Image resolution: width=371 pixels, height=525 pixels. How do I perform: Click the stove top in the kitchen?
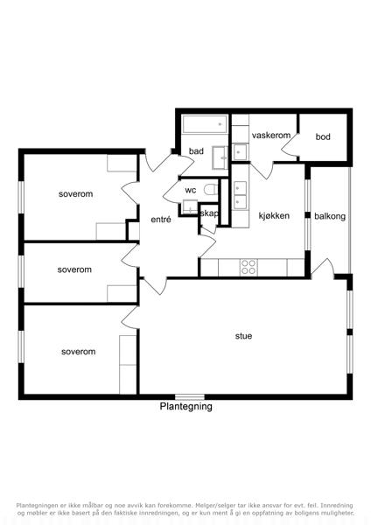tap(248, 267)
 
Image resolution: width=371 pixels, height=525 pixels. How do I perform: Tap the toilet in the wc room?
tap(211, 190)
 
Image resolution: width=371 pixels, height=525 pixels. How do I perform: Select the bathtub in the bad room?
tap(205, 124)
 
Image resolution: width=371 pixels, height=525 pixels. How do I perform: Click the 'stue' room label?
tap(243, 336)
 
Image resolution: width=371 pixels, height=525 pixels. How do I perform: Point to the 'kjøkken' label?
tap(274, 215)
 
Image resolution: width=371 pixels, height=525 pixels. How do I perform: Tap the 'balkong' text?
tap(330, 216)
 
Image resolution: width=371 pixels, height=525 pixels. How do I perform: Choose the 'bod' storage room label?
tap(323, 136)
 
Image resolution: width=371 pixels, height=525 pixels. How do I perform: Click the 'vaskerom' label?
tap(271, 136)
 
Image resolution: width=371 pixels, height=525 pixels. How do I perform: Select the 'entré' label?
tap(161, 220)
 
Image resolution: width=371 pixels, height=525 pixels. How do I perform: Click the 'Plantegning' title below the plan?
tap(185, 407)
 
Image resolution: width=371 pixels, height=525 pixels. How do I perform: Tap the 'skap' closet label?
tap(208, 213)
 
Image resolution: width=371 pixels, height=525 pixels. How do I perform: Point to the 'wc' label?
tap(191, 190)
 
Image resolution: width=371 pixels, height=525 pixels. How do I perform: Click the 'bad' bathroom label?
tap(196, 151)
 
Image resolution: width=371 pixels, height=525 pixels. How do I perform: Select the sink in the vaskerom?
tap(240, 152)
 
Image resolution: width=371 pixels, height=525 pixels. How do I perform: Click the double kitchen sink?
tap(240, 195)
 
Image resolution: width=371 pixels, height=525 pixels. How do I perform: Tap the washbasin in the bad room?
tap(220, 157)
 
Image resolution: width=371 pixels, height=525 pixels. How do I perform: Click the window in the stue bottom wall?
tap(190, 397)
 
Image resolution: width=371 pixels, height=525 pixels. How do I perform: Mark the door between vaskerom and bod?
tap(290, 144)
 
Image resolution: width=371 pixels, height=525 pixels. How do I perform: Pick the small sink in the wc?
tap(190, 206)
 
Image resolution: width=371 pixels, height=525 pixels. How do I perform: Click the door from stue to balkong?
tap(323, 269)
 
